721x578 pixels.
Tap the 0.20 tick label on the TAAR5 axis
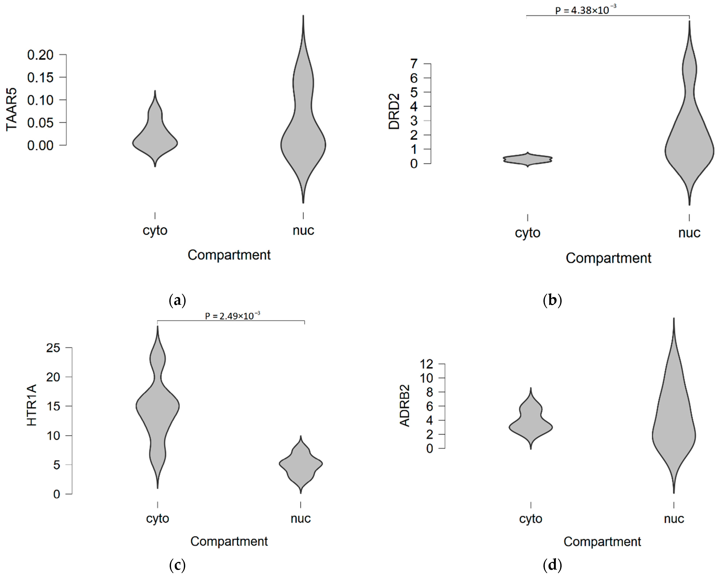coord(40,55)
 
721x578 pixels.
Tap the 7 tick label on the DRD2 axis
coord(414,63)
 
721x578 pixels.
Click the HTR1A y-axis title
coord(32,405)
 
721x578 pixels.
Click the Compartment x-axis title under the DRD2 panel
coord(608,258)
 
